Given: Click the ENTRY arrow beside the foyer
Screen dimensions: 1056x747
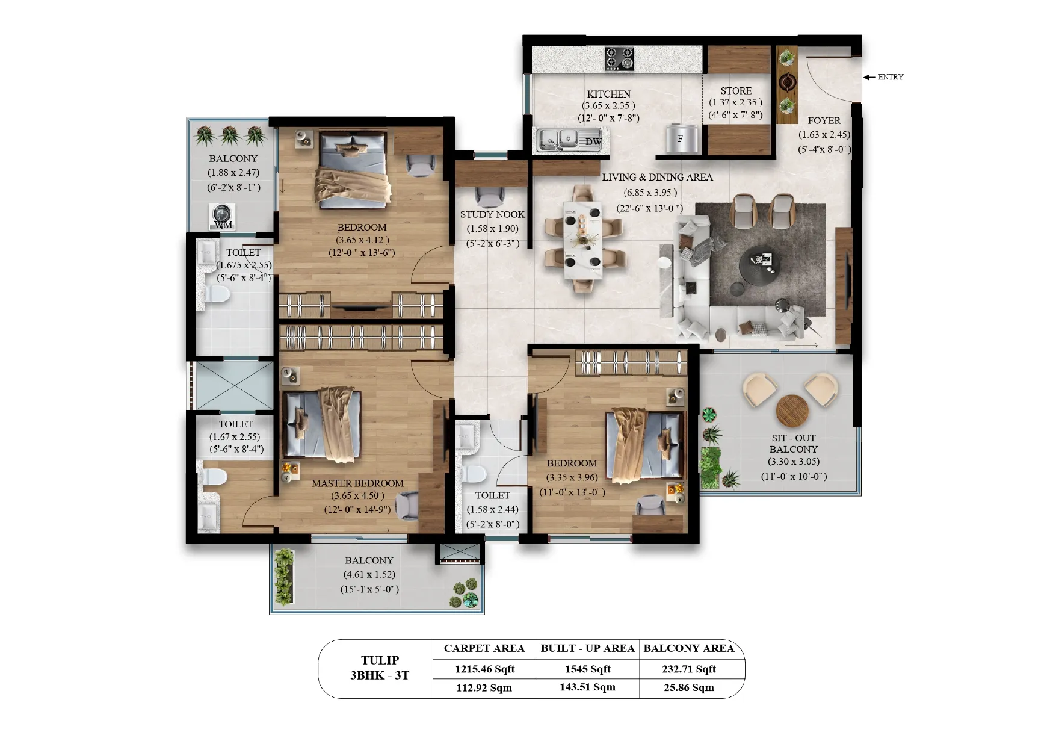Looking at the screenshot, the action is tap(869, 77).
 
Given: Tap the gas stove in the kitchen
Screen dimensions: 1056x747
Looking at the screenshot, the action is tap(619, 59).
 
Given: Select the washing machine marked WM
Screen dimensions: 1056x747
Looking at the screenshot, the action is tap(222, 215).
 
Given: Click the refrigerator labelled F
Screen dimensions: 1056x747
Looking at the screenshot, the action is tap(683, 139).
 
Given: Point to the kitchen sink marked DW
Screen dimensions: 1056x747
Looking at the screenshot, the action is tap(569, 140).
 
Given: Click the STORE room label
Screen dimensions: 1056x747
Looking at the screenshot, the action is tap(736, 91).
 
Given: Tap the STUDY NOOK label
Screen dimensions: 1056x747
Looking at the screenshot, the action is tap(492, 214).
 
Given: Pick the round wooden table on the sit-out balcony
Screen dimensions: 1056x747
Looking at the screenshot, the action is tap(792, 411).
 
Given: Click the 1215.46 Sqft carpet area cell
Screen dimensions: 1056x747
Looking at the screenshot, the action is tap(484, 669).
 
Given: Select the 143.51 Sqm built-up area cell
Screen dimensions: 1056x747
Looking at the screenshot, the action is tap(587, 687).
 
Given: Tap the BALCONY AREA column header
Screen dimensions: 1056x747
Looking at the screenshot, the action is tap(689, 648).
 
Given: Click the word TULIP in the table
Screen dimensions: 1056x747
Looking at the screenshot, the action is tap(380, 660).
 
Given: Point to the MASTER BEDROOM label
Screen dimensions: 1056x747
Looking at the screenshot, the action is tap(357, 483).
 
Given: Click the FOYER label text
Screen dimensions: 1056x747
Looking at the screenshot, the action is tap(824, 120).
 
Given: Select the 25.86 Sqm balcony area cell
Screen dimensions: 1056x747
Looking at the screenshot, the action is tap(689, 687).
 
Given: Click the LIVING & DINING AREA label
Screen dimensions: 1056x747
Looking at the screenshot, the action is tap(657, 177).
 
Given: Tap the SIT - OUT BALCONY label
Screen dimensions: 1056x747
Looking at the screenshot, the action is tap(794, 444).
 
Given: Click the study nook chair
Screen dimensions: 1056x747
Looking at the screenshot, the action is tap(491, 197).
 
